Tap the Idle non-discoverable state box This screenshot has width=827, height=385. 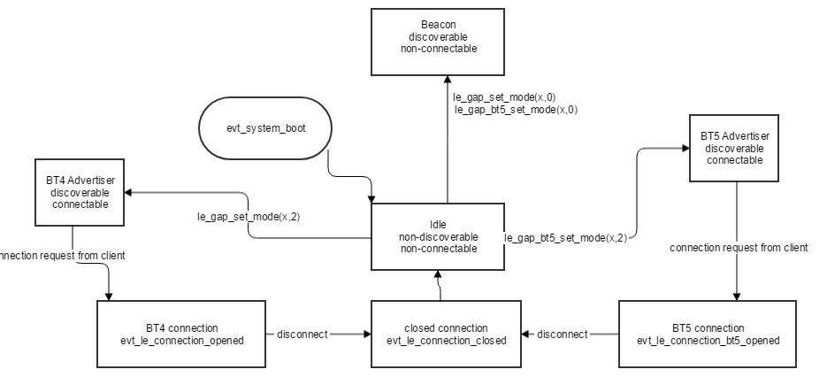438,237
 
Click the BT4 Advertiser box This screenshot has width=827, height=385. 79,192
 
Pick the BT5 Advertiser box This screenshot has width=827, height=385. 734,150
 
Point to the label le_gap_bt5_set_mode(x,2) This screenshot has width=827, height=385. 566,238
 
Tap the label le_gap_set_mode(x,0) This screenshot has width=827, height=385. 504,96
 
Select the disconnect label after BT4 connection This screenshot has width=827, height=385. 302,334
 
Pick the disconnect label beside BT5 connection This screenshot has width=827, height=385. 563,334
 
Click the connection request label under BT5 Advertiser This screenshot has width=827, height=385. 739,248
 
